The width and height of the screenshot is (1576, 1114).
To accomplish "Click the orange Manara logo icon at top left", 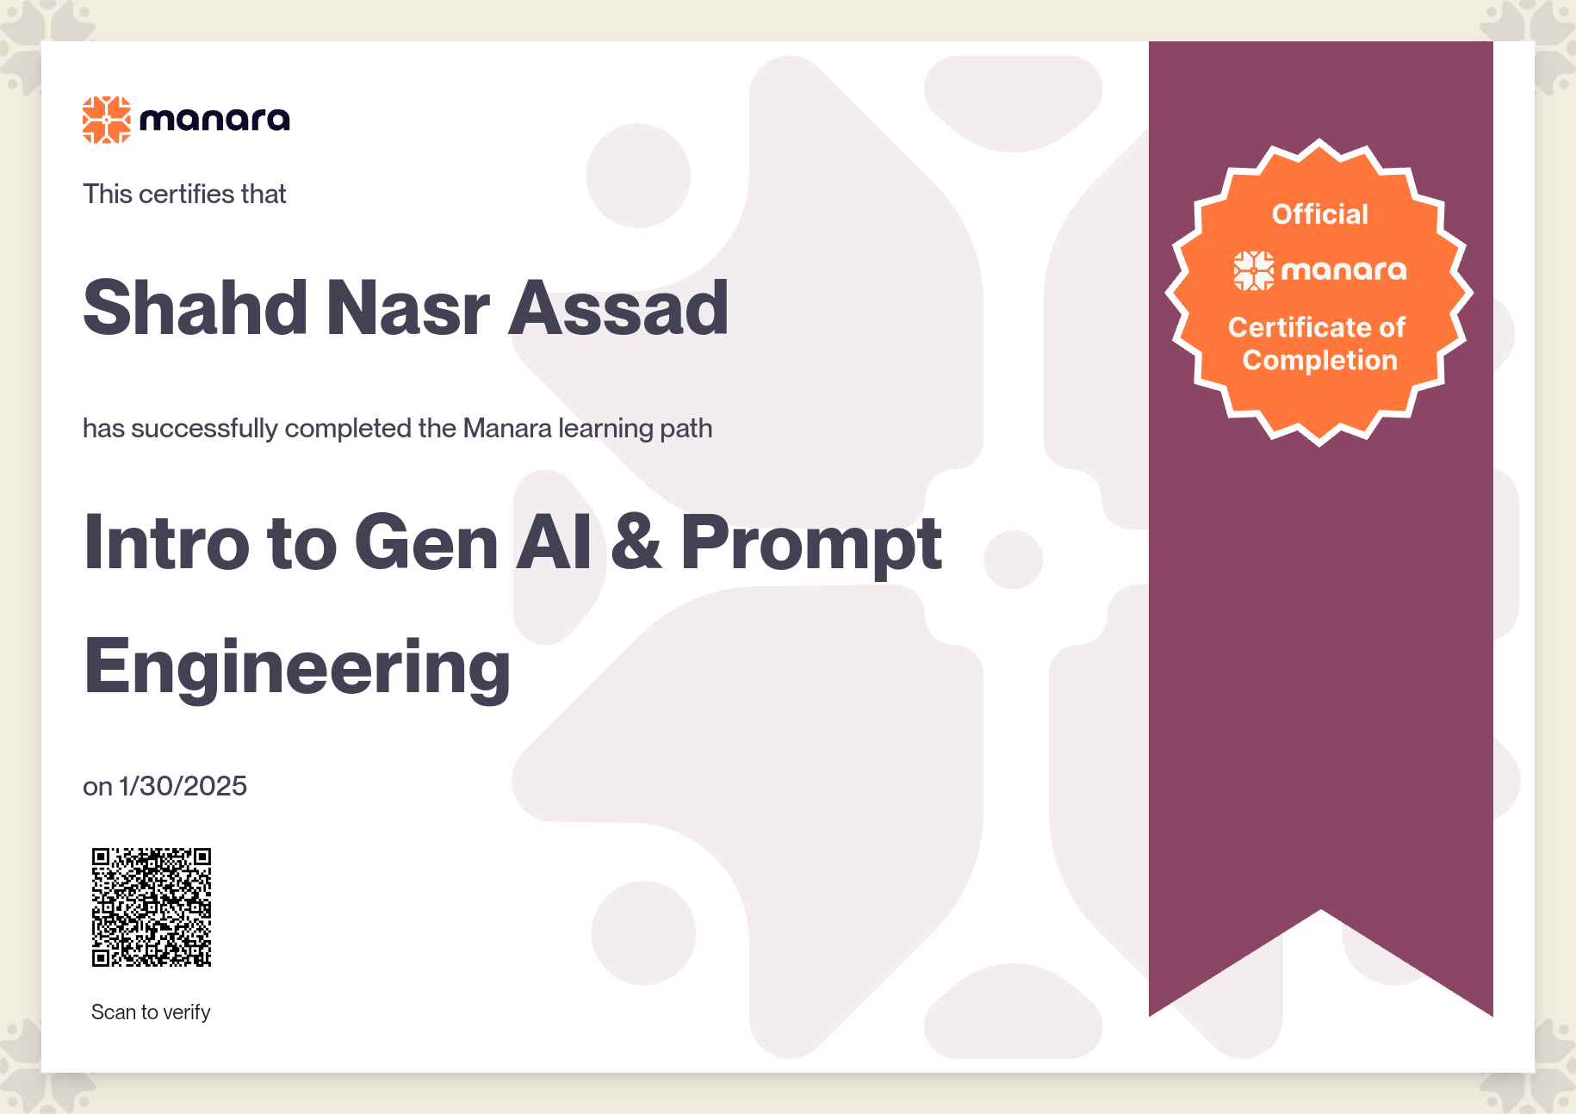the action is [x=107, y=120].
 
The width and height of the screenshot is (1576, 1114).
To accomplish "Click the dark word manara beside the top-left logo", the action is [x=214, y=120].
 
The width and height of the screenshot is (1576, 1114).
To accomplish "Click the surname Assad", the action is [x=618, y=307].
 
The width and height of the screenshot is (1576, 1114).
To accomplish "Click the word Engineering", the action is [x=298, y=669].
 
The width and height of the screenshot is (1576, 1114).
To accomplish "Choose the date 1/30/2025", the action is [x=183, y=786].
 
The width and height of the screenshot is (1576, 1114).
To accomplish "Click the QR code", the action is [x=152, y=907].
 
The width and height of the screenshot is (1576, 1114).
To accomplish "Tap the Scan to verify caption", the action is [x=151, y=1012].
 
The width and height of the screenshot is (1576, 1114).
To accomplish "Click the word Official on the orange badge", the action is [x=1320, y=214].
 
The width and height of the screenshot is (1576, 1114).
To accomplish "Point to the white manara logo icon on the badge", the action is [x=1254, y=270].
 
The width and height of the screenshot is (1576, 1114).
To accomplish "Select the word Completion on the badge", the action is [x=1319, y=360].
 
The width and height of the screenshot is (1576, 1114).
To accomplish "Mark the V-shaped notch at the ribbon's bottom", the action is [x=1321, y=911].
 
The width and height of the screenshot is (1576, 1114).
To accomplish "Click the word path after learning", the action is [x=686, y=428].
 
